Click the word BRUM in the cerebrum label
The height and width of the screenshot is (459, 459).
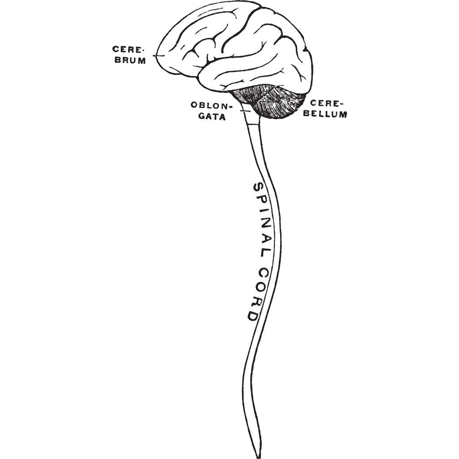(x=130, y=61)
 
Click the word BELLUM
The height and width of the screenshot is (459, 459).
(x=325, y=114)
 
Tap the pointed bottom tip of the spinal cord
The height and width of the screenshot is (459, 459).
(x=258, y=455)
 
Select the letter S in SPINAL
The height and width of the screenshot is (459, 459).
(x=258, y=188)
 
